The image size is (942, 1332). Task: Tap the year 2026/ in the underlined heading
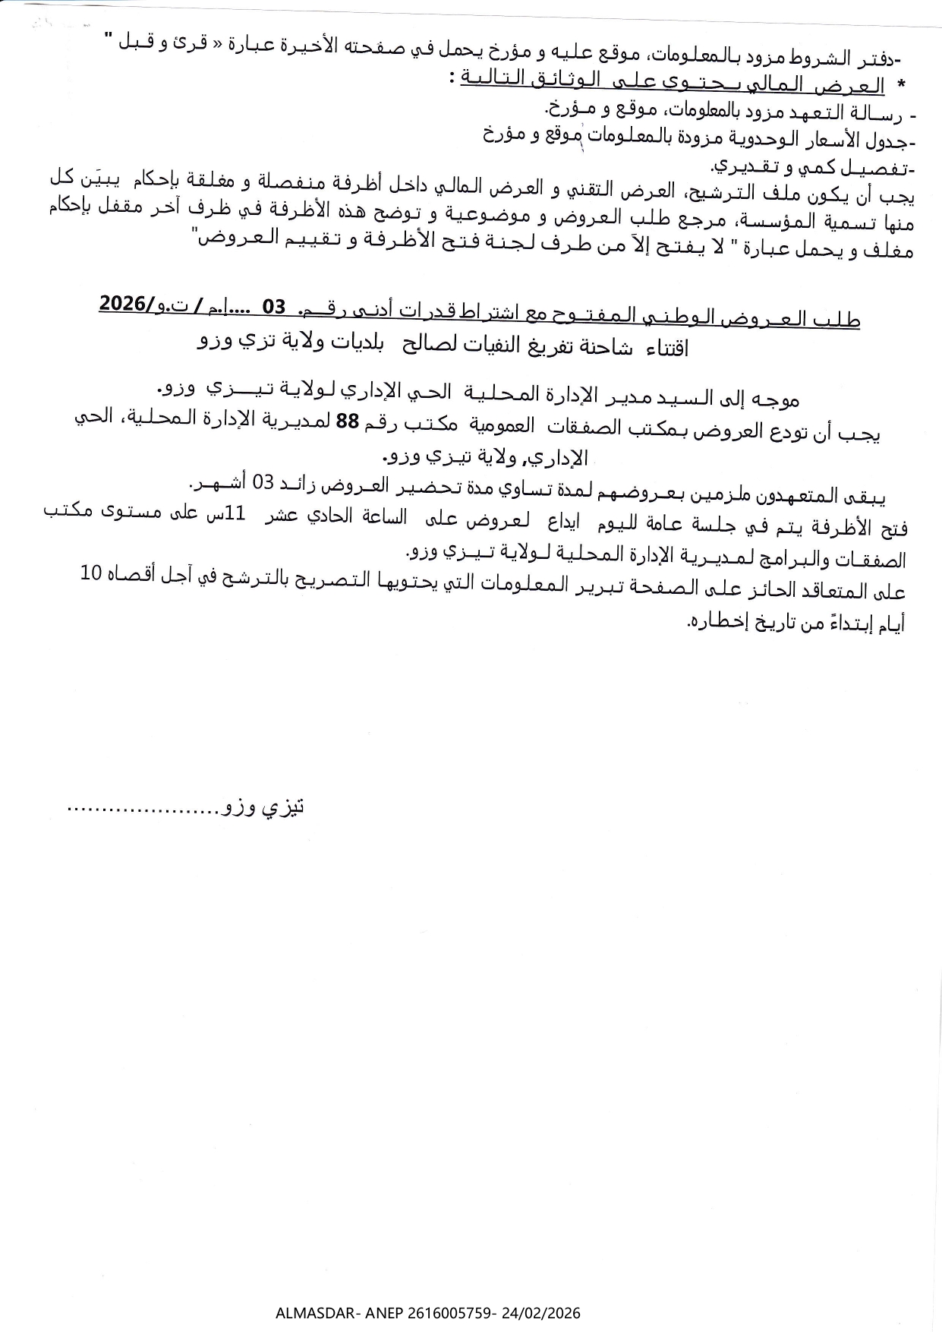125,305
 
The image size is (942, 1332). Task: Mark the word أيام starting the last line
888,624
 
